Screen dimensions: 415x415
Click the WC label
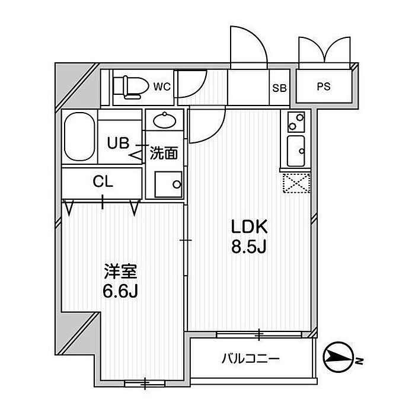pos(162,87)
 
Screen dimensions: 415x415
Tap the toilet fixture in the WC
pos(131,87)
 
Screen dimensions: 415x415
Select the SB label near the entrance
pos(279,88)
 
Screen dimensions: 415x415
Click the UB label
pos(117,143)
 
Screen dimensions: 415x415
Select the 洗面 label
pos(164,154)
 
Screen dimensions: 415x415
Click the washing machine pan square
pos(167,183)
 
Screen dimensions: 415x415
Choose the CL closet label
pos(102,183)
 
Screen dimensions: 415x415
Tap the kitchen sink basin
pos(295,152)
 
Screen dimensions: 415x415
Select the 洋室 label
pos(120,272)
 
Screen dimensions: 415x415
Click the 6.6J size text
pos(120,291)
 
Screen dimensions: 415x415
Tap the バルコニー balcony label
pos(250,358)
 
